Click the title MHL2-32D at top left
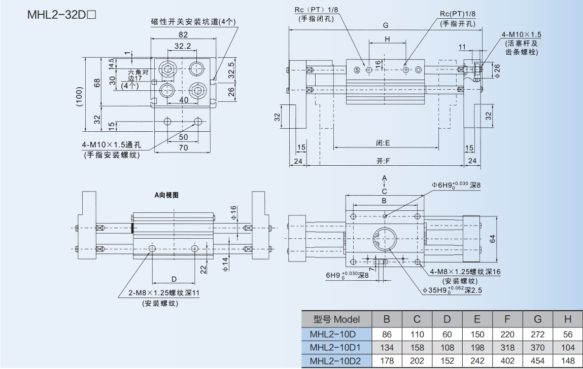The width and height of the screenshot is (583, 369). tap(61, 14)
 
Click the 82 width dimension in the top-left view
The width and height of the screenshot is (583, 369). tap(183, 34)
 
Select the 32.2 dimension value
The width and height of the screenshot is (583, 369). tap(182, 46)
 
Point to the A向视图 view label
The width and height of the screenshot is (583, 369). tap(166, 195)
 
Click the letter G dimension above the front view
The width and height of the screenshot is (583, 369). tap(386, 25)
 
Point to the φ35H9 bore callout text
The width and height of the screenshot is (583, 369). tap(453, 290)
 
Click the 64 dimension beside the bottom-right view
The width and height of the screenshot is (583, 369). tap(492, 239)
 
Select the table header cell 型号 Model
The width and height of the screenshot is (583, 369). tap(336, 319)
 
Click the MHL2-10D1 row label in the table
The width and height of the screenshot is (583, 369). tap(334, 347)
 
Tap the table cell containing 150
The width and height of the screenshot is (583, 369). tap(477, 335)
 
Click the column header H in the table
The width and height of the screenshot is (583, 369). tap(568, 319)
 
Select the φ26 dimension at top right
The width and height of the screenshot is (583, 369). tap(497, 71)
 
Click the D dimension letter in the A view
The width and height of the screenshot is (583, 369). tap(174, 279)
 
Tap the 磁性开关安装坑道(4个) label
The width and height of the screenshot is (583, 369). tap(193, 22)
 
